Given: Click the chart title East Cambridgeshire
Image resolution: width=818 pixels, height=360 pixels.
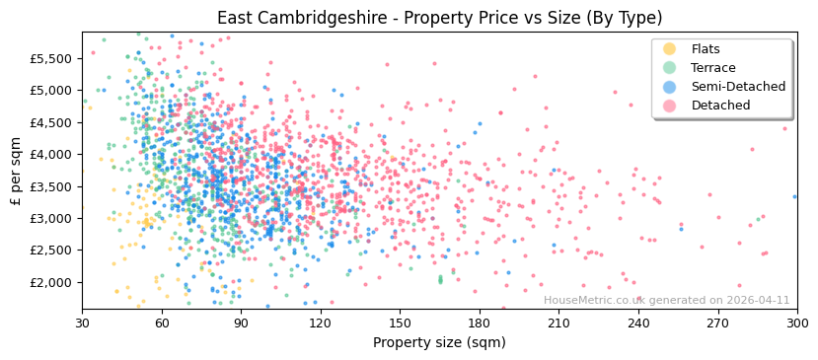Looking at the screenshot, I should (439, 18).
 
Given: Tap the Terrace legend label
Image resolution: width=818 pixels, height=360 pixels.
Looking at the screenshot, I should (714, 68).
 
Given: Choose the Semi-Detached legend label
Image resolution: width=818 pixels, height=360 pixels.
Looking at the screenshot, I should (738, 87).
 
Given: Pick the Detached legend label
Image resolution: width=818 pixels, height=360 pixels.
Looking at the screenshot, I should (719, 106).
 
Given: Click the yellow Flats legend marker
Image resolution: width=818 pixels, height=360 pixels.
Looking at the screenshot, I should (670, 49).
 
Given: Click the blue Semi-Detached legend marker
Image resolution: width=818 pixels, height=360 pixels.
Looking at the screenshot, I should (670, 87).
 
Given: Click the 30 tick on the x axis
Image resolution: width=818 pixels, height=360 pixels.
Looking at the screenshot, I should (83, 324).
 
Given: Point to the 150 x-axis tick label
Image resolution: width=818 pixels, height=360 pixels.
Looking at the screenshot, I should (400, 324).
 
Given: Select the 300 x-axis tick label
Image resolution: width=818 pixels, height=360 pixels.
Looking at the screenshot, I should (796, 324).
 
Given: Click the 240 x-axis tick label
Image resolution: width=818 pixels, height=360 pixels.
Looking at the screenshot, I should (638, 324).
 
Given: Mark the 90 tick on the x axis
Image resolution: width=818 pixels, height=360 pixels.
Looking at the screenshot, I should (241, 324).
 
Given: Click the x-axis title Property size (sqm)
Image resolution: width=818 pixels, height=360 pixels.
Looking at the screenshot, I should (439, 343).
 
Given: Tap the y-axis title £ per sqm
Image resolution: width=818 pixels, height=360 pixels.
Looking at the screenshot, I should (16, 171).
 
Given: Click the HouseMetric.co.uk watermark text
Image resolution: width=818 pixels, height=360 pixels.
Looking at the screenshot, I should (666, 301).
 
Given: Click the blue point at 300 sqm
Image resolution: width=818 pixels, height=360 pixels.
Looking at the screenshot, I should (795, 196).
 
